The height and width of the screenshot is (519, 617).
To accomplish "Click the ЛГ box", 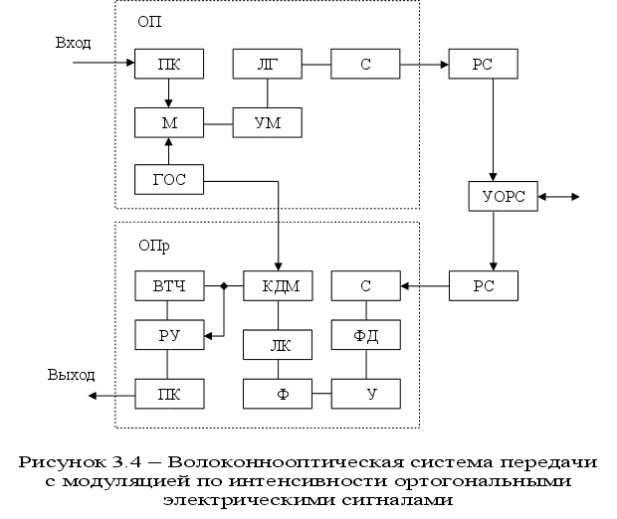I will (x=267, y=65).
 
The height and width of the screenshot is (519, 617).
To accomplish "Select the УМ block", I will (x=267, y=122).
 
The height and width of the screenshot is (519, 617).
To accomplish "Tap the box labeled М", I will (x=169, y=122).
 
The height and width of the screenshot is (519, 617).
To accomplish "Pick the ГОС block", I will (x=169, y=180).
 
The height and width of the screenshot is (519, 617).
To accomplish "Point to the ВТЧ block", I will (x=169, y=286).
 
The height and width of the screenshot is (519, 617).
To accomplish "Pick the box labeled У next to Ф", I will (x=365, y=394).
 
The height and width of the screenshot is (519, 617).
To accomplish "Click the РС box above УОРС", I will (x=483, y=65).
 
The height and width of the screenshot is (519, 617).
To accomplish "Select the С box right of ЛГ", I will (x=365, y=65).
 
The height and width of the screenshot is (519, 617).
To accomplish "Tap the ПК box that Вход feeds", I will (x=169, y=65).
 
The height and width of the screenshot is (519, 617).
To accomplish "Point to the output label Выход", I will (x=72, y=375).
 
